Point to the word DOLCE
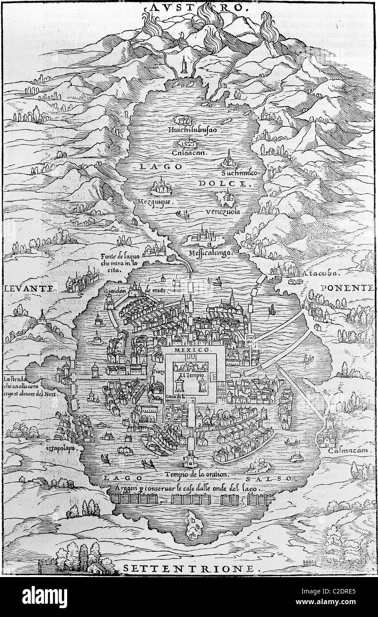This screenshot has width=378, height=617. coord(225,183)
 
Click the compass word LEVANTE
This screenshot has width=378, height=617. coord(29,288)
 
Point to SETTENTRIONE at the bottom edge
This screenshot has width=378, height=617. coord(188,568)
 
